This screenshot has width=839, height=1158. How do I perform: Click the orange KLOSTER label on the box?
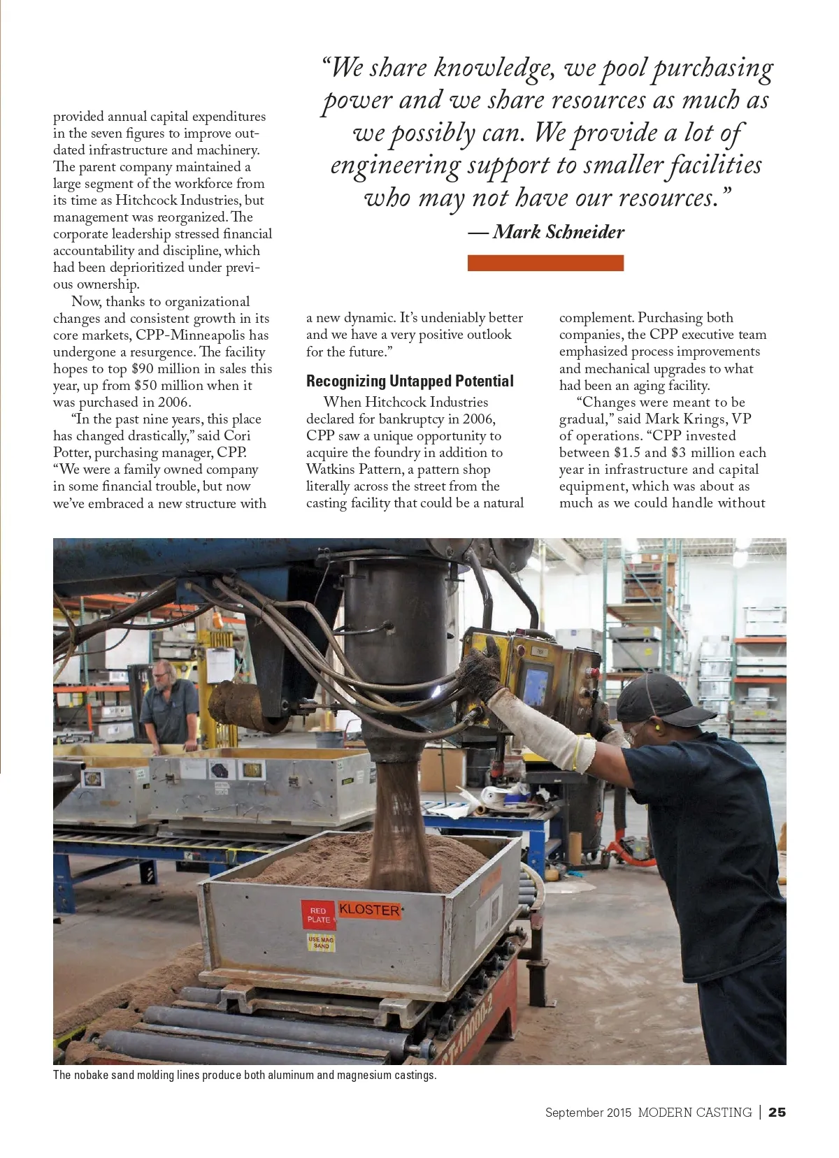coord(369,910)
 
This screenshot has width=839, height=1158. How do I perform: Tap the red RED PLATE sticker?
coord(318,915)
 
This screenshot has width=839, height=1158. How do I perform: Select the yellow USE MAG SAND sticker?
coord(321,942)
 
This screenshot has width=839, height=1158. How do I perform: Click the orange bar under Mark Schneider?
coord(545,263)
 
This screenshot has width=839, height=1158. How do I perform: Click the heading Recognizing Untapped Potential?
coord(410,381)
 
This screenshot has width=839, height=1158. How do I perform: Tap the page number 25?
coord(777,1112)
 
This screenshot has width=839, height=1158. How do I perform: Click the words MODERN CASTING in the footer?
coord(694,1112)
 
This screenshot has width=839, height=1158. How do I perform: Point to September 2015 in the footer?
coord(588,1112)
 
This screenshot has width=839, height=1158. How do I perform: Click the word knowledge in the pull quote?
coord(493,68)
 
